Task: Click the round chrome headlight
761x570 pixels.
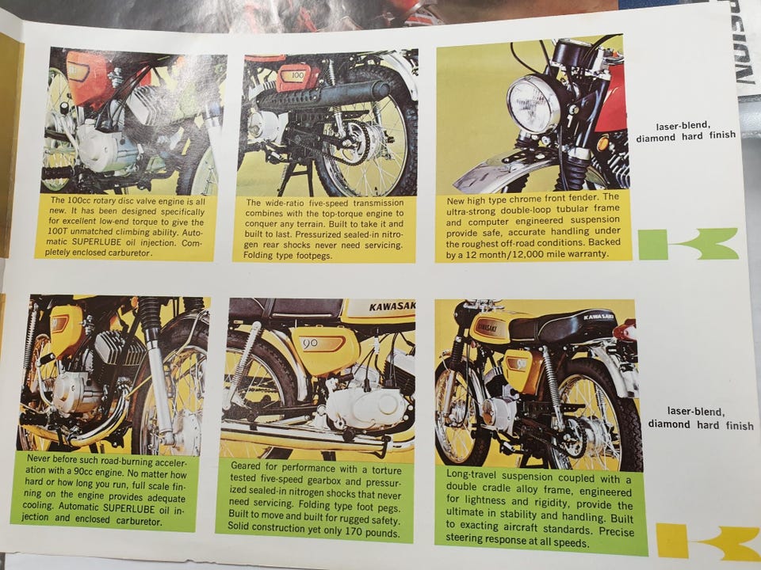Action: tap(533, 104)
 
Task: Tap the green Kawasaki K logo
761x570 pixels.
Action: tap(688, 244)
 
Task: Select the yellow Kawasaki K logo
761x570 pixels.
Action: tap(709, 541)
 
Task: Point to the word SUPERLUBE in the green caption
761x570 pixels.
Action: tap(128, 508)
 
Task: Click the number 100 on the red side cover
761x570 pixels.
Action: tap(297, 76)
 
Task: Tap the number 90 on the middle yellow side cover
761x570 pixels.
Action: tap(310, 343)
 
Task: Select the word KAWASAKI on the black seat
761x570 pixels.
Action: tap(598, 317)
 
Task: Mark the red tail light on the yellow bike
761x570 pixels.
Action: tap(625, 331)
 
